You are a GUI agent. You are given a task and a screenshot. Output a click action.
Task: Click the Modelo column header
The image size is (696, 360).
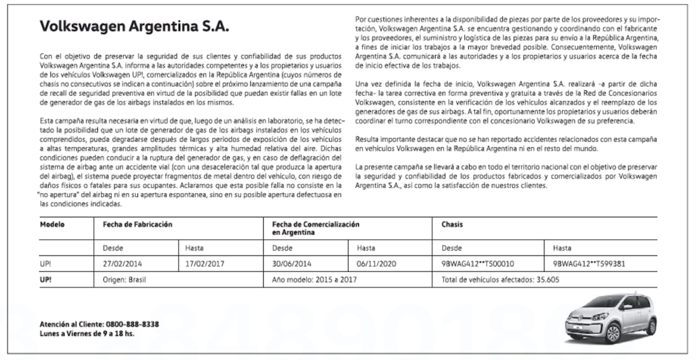(53, 224)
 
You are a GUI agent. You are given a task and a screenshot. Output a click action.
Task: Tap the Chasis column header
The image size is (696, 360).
(453, 224)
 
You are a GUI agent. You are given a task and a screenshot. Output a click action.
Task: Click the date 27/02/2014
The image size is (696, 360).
(122, 263)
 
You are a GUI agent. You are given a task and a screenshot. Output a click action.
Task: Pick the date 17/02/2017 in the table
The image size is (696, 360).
(205, 263)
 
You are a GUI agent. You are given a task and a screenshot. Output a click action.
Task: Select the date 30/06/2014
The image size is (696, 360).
(291, 263)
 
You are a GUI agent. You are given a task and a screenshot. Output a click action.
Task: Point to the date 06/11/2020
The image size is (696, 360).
(376, 263)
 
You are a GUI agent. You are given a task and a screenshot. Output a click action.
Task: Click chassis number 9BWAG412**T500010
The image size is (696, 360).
(478, 263)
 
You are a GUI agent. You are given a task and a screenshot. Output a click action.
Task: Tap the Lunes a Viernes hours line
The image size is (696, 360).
(87, 334)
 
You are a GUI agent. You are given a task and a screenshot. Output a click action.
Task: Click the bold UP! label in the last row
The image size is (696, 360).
(47, 279)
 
